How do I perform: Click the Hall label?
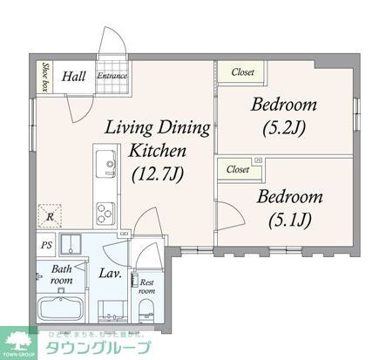point(72,76)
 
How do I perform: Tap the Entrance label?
point(112,76)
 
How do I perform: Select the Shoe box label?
point(44,76)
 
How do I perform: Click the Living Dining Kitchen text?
point(158,139)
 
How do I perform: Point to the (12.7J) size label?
point(157,174)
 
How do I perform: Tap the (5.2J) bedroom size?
point(284,128)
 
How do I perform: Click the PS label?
point(45,246)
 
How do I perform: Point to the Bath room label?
point(60,275)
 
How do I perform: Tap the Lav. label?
point(110,274)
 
